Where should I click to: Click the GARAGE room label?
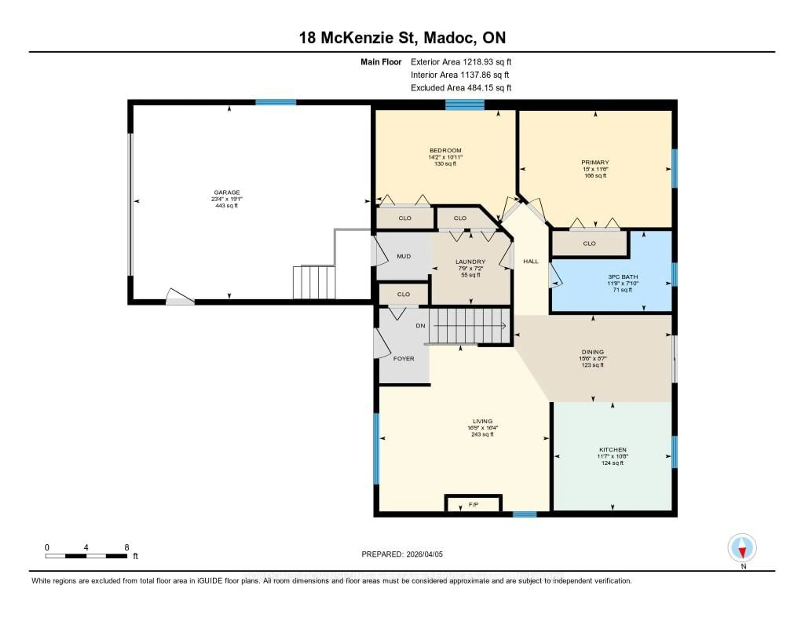[x=227, y=192]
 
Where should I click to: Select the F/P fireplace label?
[x=473, y=504]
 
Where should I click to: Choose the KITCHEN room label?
[x=613, y=450]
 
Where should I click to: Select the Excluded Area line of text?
[x=461, y=88]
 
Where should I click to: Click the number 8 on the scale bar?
[x=127, y=547]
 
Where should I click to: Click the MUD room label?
[x=404, y=256]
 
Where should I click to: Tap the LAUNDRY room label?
[x=470, y=262]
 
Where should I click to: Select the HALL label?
[x=531, y=261]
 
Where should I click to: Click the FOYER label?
[x=403, y=358]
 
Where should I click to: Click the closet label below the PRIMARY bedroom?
[x=589, y=243]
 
